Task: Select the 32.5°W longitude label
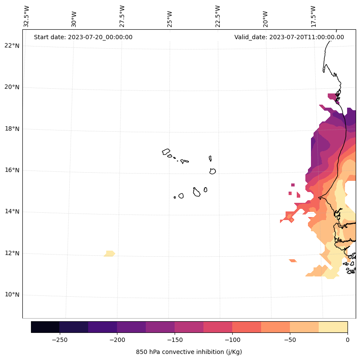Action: [27, 16]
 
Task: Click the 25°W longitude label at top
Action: [170, 16]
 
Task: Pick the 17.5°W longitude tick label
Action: [313, 16]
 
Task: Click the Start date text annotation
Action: [83, 37]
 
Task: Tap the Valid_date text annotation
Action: [289, 37]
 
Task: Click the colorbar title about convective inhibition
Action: [189, 352]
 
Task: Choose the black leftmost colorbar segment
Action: [45, 327]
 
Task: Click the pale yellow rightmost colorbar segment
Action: [333, 327]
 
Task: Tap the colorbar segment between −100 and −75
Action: [246, 327]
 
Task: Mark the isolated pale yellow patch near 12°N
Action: [110, 254]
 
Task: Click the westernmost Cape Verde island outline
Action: [166, 152]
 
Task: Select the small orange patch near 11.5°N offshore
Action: [293, 261]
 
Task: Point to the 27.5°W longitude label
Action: [122, 16]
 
